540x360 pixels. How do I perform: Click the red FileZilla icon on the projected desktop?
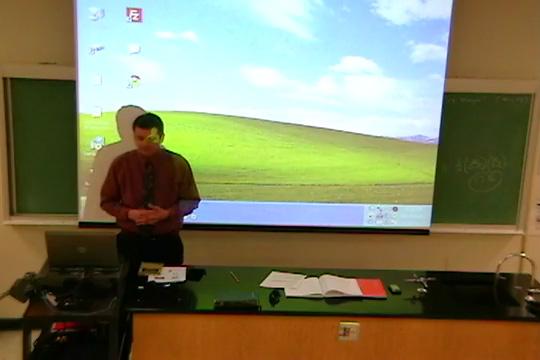[133, 14]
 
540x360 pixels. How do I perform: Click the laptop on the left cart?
[82, 249]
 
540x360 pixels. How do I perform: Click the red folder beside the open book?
[372, 288]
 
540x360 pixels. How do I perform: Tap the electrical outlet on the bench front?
[348, 329]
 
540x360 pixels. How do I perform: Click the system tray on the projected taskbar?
[396, 214]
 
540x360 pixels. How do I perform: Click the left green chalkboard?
[42, 145]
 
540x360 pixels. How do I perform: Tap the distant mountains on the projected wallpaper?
[418, 138]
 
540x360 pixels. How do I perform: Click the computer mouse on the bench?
[275, 296]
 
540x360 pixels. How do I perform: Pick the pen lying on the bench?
[234, 276]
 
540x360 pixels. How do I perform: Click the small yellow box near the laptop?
[151, 268]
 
